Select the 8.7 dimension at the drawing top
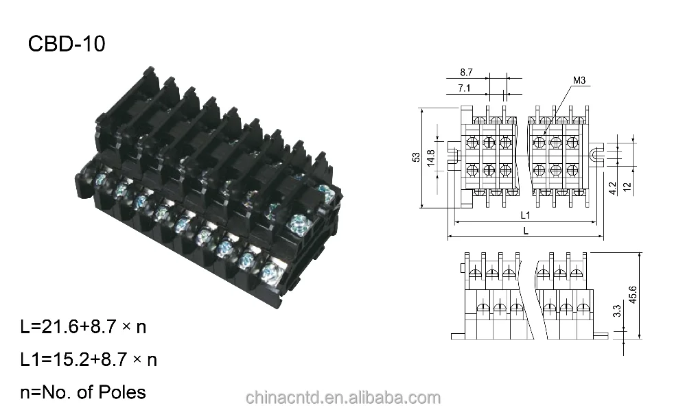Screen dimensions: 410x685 point(466,72)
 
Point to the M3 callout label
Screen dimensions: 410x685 point(579,82)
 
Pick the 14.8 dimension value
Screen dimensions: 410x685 point(430,157)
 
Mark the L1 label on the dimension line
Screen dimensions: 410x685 point(525,215)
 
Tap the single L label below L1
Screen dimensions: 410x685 point(526,231)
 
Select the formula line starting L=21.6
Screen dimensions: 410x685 point(83,326)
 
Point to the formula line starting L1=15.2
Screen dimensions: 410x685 point(89,359)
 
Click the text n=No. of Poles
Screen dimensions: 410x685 point(83,392)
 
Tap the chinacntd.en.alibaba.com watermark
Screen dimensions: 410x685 point(342,398)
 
